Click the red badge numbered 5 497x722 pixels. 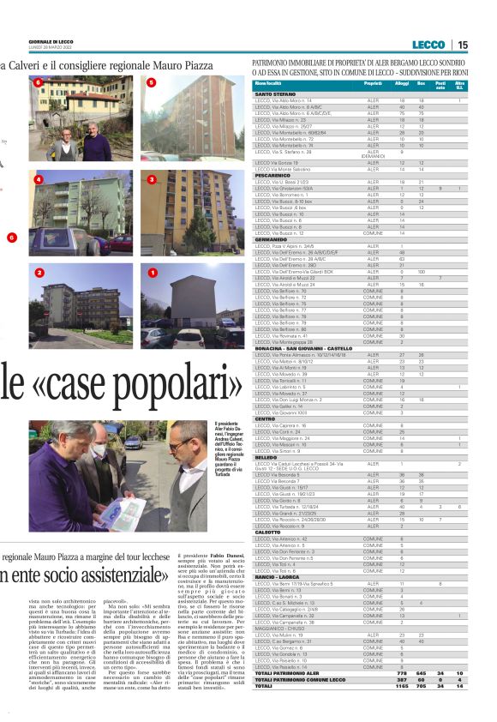click(152, 82)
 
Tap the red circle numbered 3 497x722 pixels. click(152, 179)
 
